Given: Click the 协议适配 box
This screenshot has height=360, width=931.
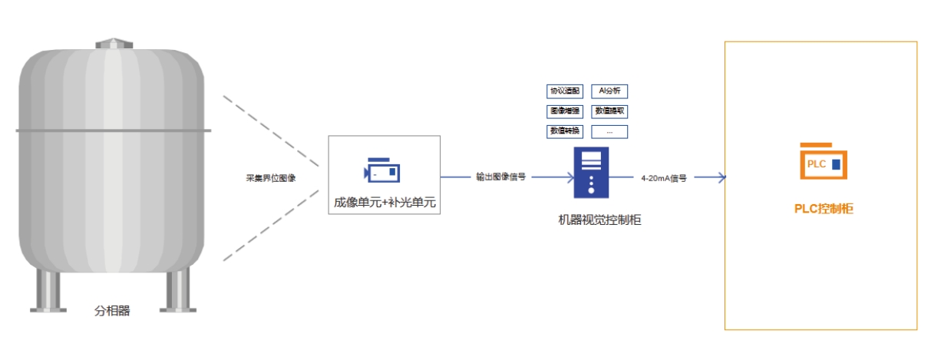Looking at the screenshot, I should [x=564, y=91].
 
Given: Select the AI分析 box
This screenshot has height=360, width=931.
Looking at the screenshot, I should [x=609, y=91].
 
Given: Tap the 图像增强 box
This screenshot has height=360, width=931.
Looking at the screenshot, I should [x=564, y=111].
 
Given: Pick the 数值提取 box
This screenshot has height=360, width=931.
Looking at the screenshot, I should [x=609, y=111].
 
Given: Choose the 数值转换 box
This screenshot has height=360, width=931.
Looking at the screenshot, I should [x=564, y=131].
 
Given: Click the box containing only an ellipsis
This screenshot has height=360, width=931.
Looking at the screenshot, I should [x=609, y=131].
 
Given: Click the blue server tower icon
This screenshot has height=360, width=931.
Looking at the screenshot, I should [x=591, y=175].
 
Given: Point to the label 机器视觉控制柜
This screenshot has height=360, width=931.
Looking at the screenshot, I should [x=599, y=220].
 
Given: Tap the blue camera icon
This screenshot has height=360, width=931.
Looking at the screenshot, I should [x=382, y=171].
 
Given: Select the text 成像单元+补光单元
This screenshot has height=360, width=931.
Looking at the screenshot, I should [x=384, y=204].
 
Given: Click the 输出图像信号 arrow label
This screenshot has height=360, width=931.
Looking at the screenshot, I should [x=500, y=177].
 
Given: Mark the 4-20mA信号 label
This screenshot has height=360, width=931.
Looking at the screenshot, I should [x=664, y=178].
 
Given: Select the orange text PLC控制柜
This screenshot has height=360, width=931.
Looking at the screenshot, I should [x=823, y=209].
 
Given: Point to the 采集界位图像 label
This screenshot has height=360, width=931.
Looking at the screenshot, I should [x=271, y=178].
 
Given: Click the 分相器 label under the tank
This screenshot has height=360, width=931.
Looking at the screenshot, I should [x=112, y=311].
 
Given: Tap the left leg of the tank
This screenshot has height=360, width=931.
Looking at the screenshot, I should [x=48, y=292].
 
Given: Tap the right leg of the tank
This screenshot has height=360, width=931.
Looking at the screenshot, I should [x=177, y=292].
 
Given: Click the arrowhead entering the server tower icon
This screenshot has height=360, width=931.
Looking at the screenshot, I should [x=569, y=177].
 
